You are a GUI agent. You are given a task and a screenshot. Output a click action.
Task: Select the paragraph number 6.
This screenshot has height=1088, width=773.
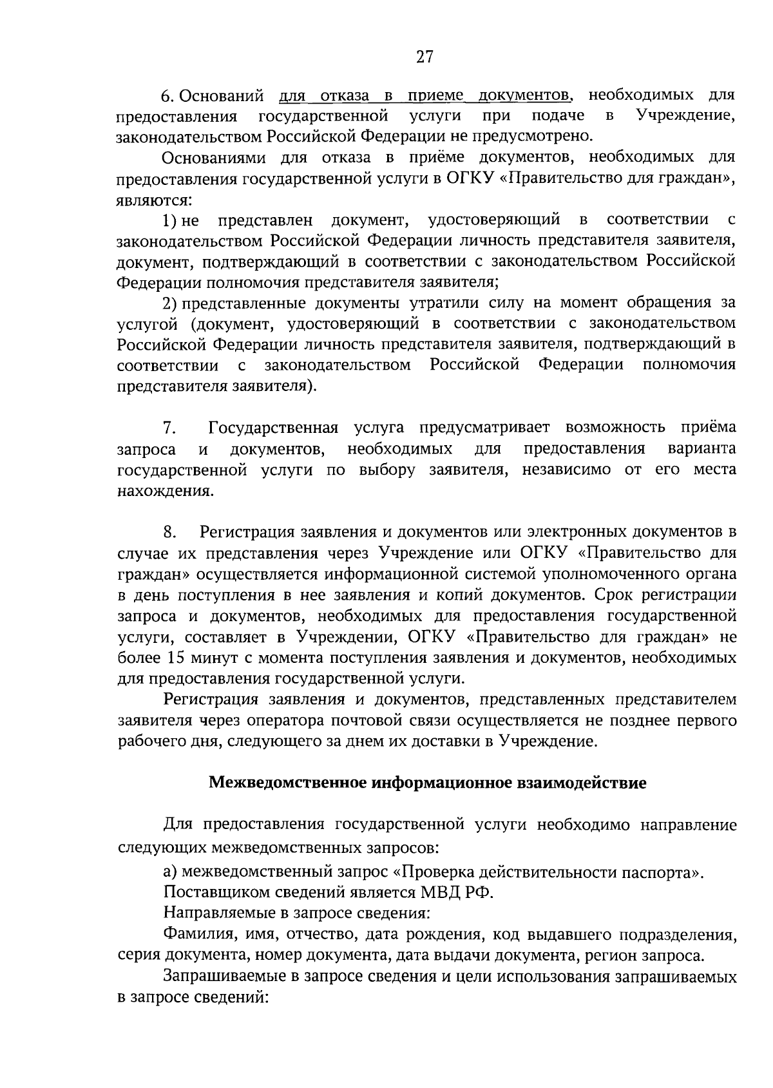[x=167, y=97]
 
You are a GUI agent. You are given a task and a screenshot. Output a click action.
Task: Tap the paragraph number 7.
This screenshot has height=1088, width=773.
[x=169, y=428]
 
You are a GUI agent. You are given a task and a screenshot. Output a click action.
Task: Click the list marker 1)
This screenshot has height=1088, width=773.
[x=170, y=221]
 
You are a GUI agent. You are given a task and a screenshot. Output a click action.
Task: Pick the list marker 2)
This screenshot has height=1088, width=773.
[x=171, y=303]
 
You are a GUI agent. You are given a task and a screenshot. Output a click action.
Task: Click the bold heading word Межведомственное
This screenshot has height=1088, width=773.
[x=287, y=784]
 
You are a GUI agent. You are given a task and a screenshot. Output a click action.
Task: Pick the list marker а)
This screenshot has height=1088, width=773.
[x=170, y=873]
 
